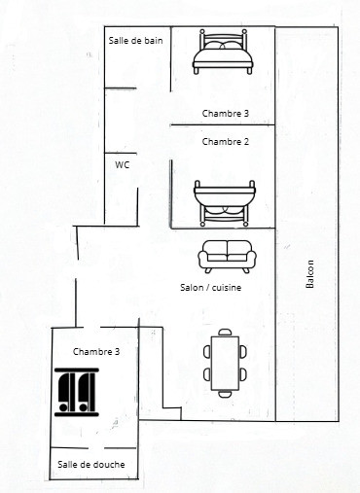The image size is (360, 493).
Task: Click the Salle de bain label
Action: [x=135, y=41]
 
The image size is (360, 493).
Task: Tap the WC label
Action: [x=122, y=165]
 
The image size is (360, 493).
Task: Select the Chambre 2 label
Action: [x=226, y=142]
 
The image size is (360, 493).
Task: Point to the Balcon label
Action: [x=310, y=274]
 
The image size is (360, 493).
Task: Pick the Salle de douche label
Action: [x=91, y=464]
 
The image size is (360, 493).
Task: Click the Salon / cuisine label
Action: [x=211, y=288]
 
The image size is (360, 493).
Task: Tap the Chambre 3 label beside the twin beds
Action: [x=96, y=351]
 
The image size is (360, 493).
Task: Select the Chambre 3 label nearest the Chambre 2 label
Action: [x=226, y=113]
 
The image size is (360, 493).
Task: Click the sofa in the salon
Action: [x=227, y=257]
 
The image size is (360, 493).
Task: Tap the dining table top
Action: [x=225, y=363]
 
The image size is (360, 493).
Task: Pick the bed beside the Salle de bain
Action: [x=223, y=52]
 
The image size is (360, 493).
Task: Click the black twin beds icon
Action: [x=77, y=392]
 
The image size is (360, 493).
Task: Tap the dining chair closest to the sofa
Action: [x=225, y=332]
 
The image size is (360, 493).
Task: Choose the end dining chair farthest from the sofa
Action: [x=225, y=394]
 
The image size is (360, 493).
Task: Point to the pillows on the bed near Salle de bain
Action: [x=223, y=46]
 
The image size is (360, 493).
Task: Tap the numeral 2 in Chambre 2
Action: [x=246, y=142]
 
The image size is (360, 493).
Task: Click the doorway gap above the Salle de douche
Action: [x=96, y=448]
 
